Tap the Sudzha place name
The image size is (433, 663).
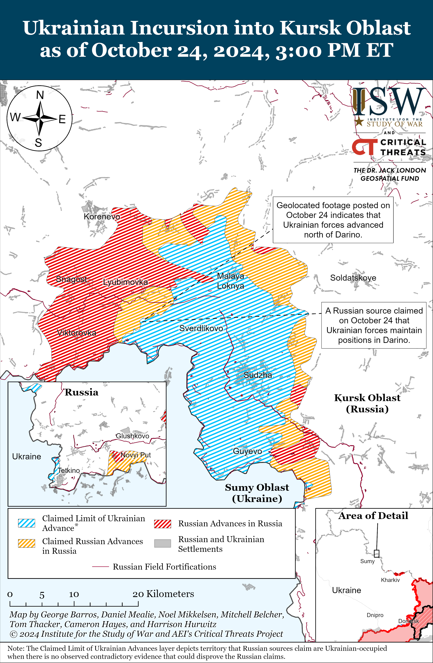pos(258,375)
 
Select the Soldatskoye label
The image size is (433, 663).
pos(353,278)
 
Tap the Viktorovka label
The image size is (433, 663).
pos(77,333)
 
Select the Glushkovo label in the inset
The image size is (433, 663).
pos(132,436)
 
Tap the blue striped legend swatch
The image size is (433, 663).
pos(26,523)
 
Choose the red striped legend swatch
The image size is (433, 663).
pos(163,524)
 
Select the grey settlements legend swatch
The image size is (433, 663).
pos(163,543)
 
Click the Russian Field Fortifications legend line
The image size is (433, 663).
pos(101,567)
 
